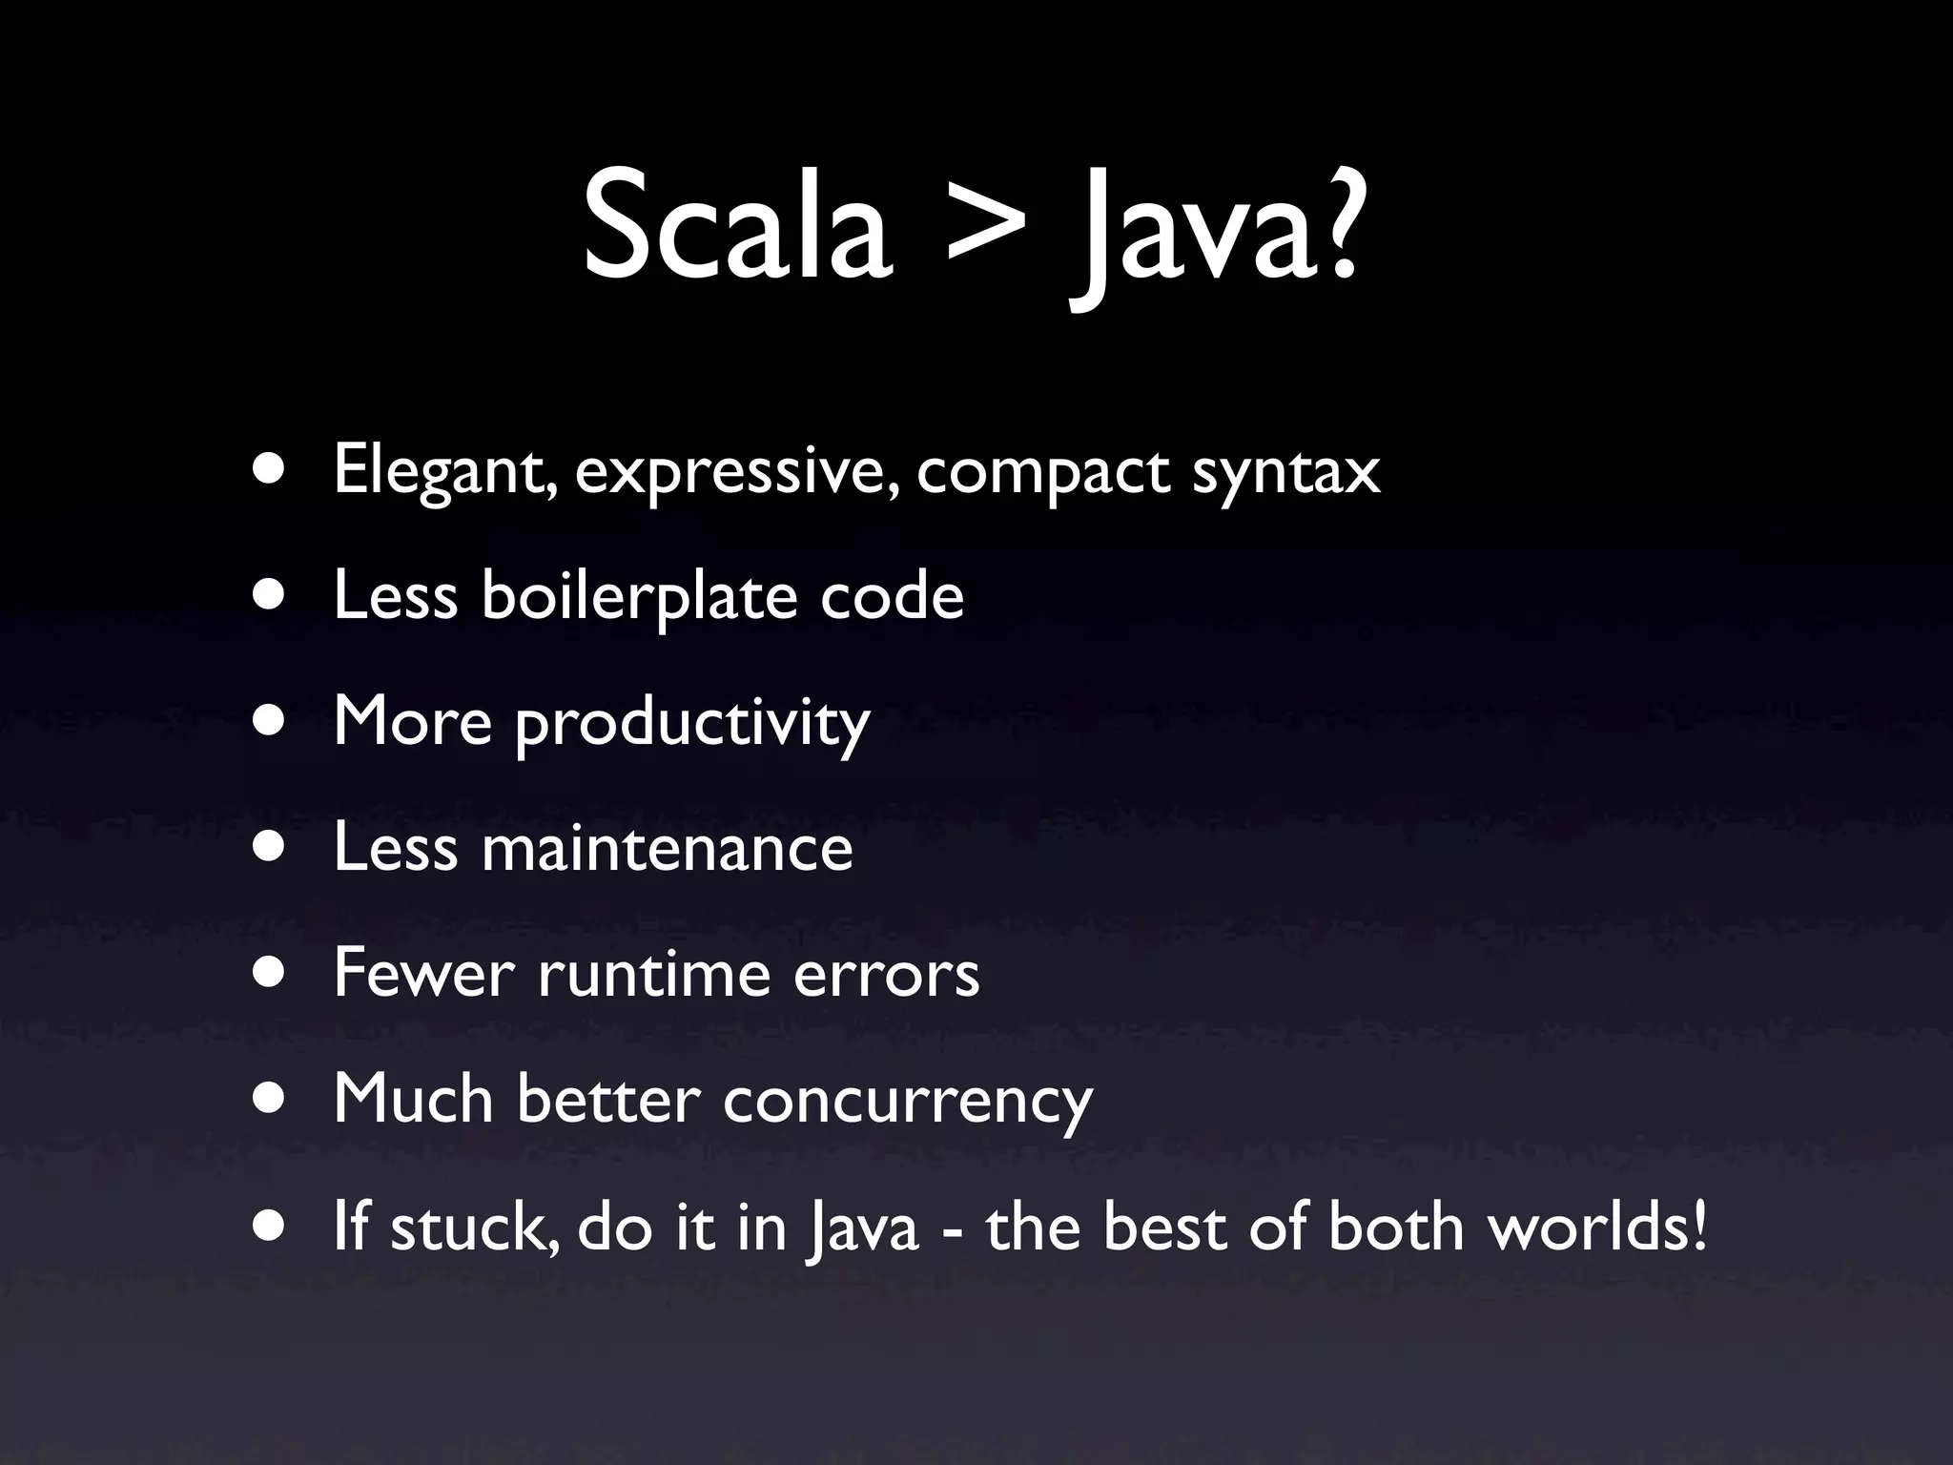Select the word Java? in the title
point(1216,234)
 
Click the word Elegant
point(444,471)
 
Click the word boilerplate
point(639,597)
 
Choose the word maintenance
point(667,848)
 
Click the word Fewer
point(424,974)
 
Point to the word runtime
point(653,974)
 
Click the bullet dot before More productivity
point(270,722)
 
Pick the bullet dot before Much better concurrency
point(270,1100)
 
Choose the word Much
point(413,1100)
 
